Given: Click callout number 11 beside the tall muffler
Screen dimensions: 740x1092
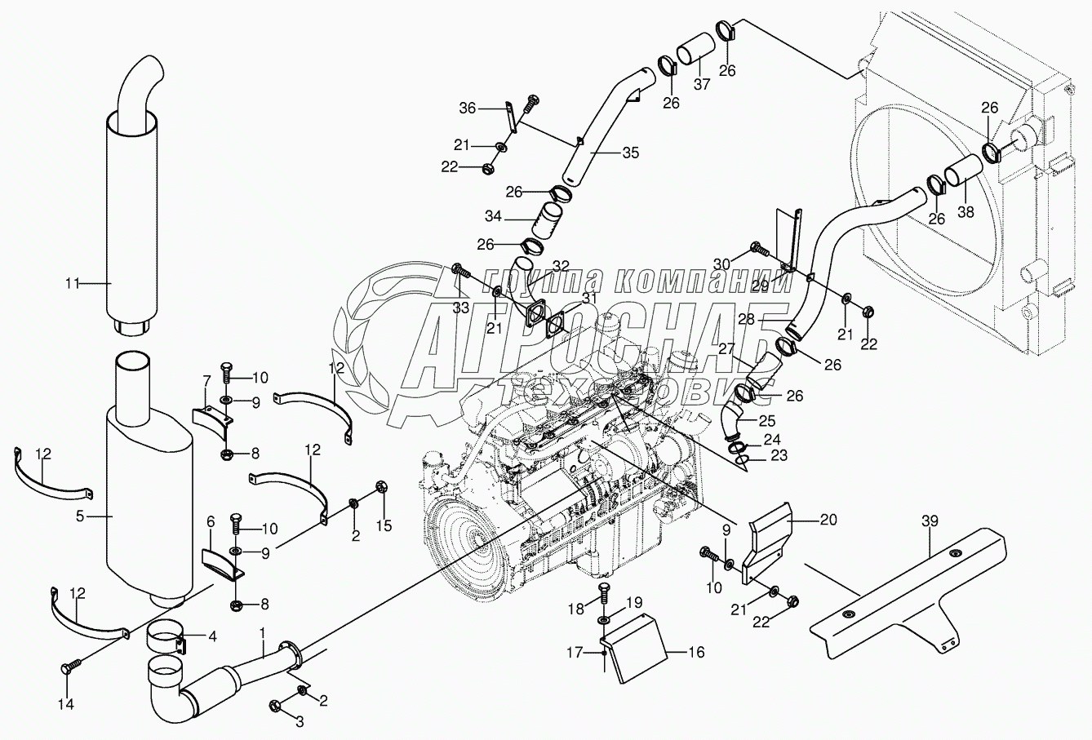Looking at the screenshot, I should [x=73, y=284].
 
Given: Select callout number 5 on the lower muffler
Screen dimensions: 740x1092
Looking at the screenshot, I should [x=80, y=516].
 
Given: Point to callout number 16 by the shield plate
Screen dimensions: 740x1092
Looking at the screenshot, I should [x=695, y=652].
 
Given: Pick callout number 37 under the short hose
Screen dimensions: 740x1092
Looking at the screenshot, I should [x=699, y=86].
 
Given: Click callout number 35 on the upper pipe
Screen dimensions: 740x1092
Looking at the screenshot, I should [x=629, y=153].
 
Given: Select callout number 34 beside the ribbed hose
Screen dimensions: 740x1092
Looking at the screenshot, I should [x=493, y=219].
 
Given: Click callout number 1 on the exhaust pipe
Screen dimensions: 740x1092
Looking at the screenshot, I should [x=263, y=631].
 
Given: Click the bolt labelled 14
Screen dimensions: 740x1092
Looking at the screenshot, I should [x=66, y=670].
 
